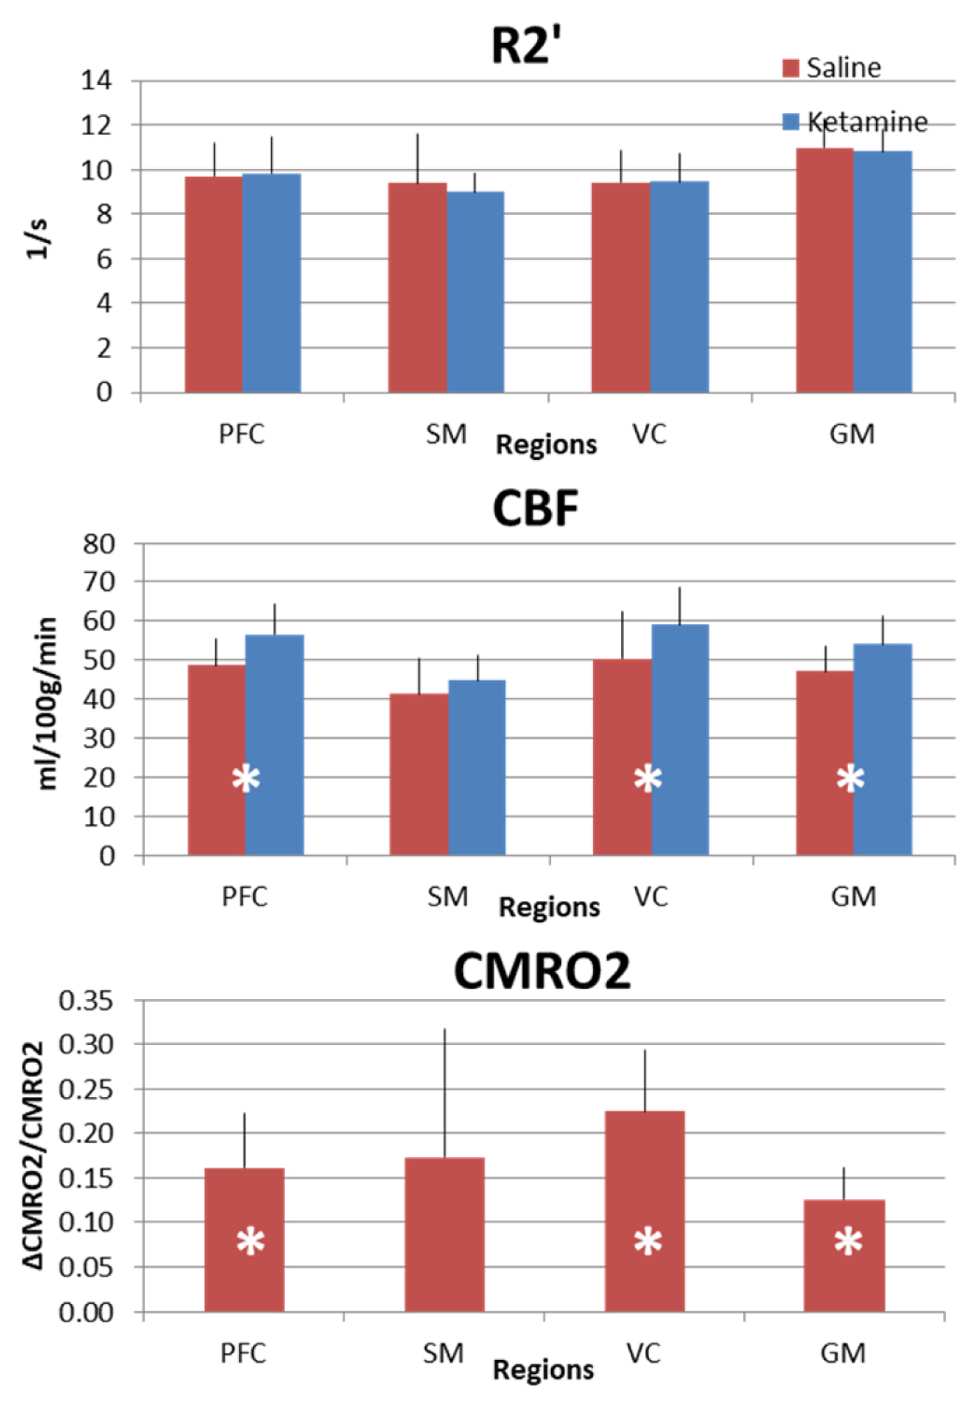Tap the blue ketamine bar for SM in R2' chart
[x=475, y=292]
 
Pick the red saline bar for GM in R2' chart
[x=825, y=270]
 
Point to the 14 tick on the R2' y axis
[x=96, y=80]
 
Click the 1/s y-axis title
[x=36, y=239]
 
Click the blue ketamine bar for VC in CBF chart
[x=680, y=739]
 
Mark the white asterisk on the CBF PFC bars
[x=246, y=778]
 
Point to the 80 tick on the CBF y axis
[x=99, y=544]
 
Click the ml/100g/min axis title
[x=47, y=703]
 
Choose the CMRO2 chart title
[x=542, y=971]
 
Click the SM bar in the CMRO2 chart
[x=445, y=1234]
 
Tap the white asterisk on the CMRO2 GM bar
[x=848, y=1242]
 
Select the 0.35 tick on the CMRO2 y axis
[x=86, y=1001]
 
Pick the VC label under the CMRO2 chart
[x=643, y=1352]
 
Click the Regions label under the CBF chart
[x=549, y=907]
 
